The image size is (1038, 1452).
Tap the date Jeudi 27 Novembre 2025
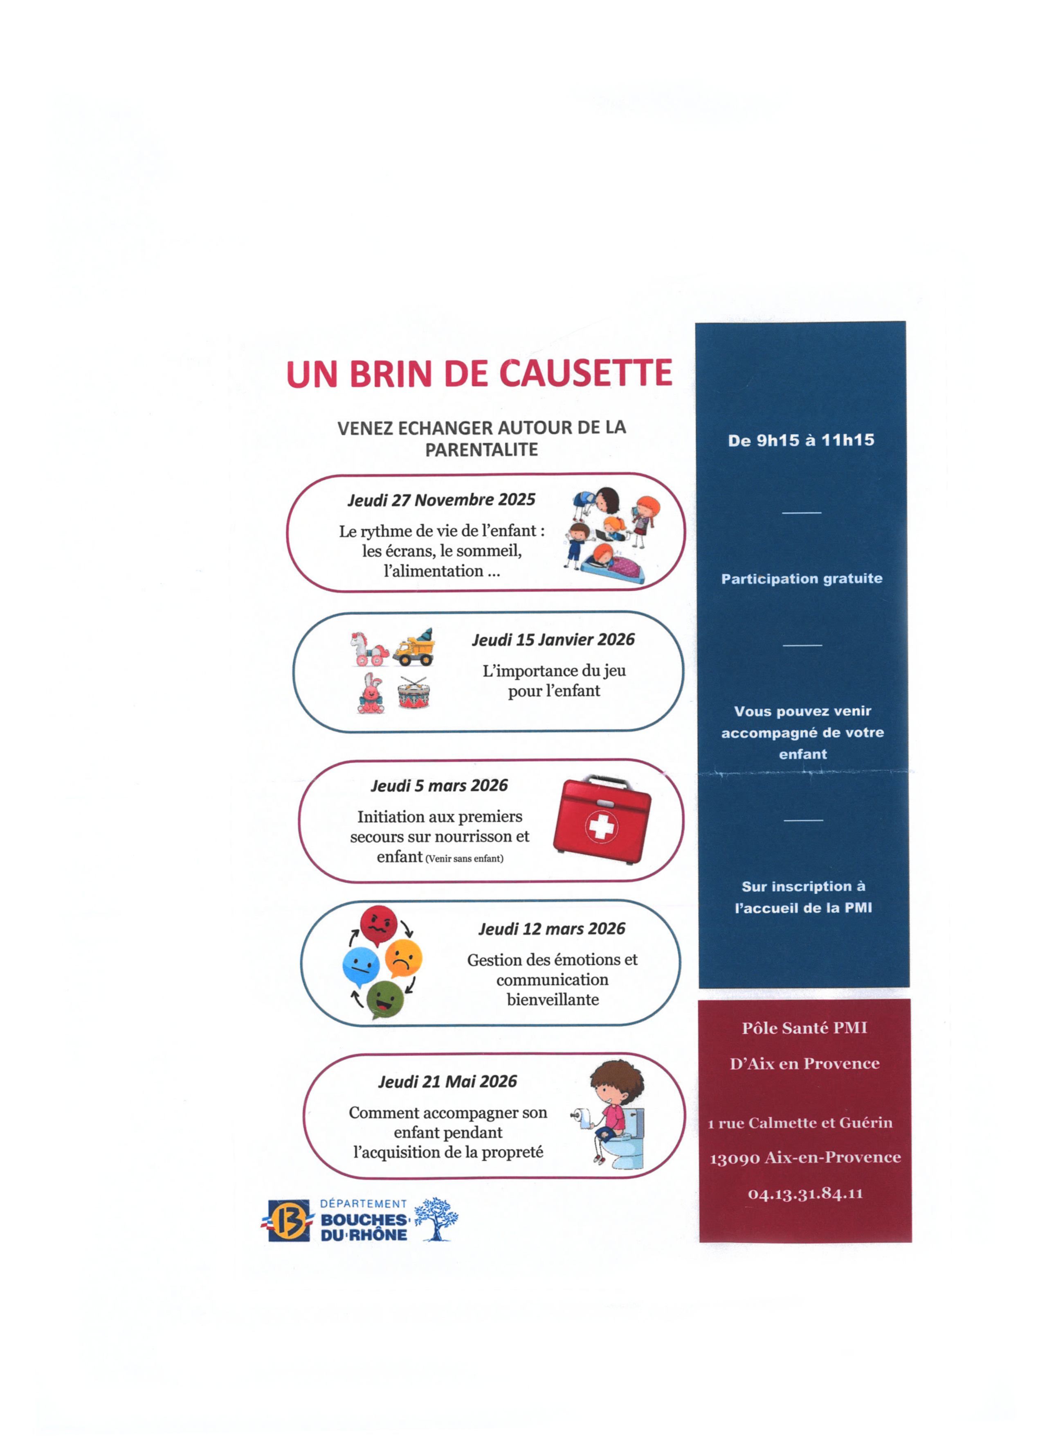tap(441, 499)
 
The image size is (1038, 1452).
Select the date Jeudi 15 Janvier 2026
tap(553, 640)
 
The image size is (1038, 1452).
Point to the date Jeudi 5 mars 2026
tap(439, 786)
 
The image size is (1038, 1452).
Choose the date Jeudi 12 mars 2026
tap(552, 929)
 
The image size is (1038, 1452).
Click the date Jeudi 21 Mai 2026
tap(447, 1082)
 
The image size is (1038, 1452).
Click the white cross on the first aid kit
tap(601, 826)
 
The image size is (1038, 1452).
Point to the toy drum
tap(413, 693)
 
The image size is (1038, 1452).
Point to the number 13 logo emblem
tap(288, 1220)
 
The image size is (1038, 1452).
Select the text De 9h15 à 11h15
tap(801, 440)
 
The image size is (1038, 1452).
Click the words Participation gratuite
tap(802, 579)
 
